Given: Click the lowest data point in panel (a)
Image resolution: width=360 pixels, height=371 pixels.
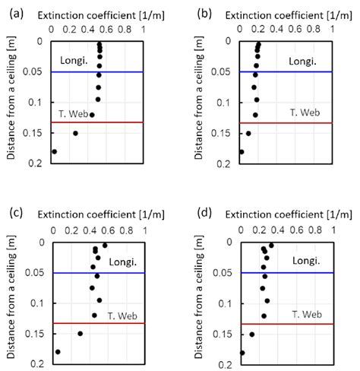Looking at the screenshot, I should click(x=53, y=151).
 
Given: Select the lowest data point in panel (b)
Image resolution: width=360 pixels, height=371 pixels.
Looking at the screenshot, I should click(x=242, y=152).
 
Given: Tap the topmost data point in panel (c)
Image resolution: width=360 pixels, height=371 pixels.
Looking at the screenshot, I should click(x=105, y=245).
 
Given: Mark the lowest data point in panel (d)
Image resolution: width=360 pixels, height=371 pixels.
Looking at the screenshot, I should click(x=242, y=353).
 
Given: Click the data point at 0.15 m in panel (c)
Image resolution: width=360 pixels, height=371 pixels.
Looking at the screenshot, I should click(x=80, y=333).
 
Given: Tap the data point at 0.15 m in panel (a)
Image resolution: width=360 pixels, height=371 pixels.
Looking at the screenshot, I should click(x=74, y=133).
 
